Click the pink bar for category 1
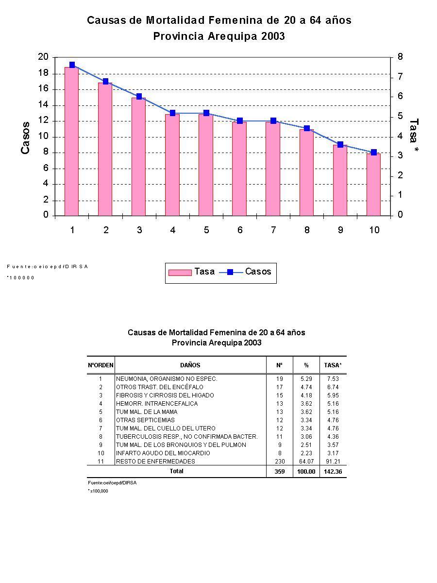coord(72,141)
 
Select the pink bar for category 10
coord(373,185)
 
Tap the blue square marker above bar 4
coord(172,113)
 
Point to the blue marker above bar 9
coord(340,145)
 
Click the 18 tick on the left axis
coord(43,73)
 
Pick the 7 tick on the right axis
coord(400,77)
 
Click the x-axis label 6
coord(240,230)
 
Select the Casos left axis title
coord(25,137)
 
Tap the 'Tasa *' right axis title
coord(414,137)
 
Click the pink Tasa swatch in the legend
coord(180,272)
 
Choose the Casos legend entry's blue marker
coord(230,272)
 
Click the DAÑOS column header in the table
coord(190,365)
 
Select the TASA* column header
coord(333,365)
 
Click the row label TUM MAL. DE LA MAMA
coord(146,412)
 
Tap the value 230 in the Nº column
coord(280,461)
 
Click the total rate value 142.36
coord(333,472)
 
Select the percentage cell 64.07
coord(306,461)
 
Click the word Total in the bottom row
coord(177,471)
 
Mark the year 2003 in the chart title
coord(272,36)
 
